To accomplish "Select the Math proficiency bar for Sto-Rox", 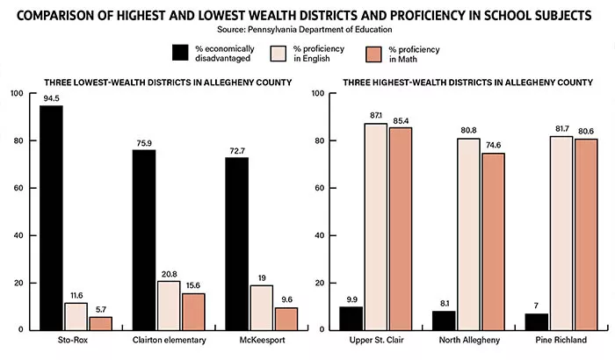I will click(100, 322).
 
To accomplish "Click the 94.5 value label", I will click(51, 98).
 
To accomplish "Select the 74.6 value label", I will click(494, 146).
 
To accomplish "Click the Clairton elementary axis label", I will click(166, 339).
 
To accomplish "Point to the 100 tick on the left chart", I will click(17, 93).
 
